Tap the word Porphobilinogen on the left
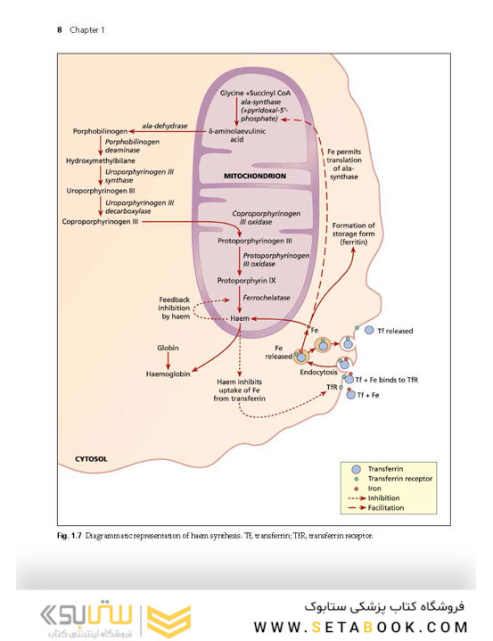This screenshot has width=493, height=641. point(100,133)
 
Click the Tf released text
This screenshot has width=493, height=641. point(396,330)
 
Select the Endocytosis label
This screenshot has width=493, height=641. point(319,374)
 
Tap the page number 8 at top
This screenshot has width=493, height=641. point(60,29)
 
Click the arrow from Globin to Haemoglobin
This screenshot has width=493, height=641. point(169,361)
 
